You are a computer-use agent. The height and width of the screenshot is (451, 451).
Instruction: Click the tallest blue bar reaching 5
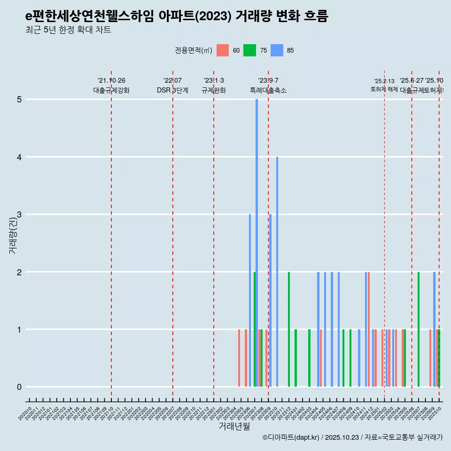click(257, 243)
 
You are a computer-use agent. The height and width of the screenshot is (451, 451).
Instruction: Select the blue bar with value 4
click(277, 272)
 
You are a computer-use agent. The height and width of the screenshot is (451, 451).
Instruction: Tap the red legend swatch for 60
click(223, 50)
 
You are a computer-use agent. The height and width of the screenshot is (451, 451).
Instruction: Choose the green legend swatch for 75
click(249, 50)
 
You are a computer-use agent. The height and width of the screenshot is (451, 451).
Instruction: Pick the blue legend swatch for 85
click(277, 50)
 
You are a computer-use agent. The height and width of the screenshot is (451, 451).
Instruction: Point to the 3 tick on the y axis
click(19, 215)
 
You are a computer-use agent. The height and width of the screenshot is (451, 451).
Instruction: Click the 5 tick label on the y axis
click(19, 100)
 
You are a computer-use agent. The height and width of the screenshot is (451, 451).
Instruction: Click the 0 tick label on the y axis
click(19, 387)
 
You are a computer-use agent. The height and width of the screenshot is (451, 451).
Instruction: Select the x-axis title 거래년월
click(234, 426)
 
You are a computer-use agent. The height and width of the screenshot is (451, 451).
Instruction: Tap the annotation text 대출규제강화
click(111, 90)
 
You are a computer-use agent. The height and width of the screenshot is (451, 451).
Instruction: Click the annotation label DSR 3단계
click(172, 90)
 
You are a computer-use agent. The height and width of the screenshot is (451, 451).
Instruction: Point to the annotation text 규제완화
click(214, 90)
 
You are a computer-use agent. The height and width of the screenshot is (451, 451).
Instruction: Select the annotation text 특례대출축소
click(268, 90)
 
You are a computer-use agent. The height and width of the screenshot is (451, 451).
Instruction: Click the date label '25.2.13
click(384, 81)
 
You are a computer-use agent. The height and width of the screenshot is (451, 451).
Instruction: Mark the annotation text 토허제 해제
click(384, 89)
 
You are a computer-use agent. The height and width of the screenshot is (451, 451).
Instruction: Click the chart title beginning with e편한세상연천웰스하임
click(177, 16)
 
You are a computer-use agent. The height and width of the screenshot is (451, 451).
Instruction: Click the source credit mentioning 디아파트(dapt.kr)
click(352, 437)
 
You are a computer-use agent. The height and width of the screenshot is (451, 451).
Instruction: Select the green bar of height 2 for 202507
click(419, 329)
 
